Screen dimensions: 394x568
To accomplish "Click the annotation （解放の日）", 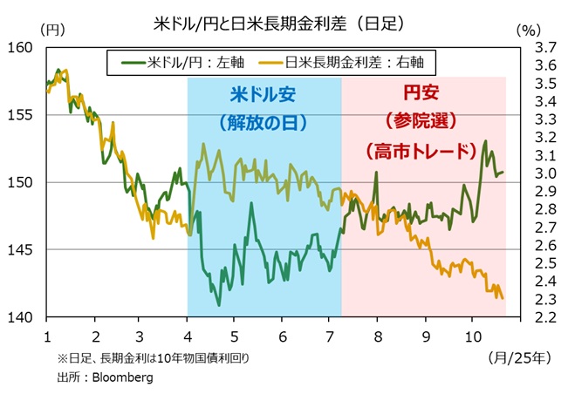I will coord(263,123).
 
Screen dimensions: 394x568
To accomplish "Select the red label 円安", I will coord(421,91).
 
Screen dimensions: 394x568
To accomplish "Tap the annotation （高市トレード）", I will coord(421,150).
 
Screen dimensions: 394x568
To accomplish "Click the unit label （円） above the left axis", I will coord(52,29).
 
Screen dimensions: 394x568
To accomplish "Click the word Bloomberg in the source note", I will coord(127,377).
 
